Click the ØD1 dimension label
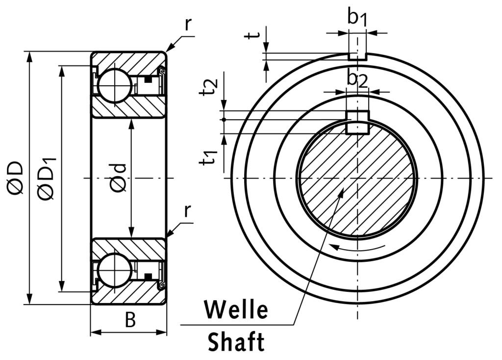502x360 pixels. (x=48, y=178)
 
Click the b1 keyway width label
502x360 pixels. (x=357, y=18)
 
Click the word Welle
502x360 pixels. (x=236, y=310)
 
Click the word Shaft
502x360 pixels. (x=236, y=342)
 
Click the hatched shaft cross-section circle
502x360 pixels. (x=357, y=178)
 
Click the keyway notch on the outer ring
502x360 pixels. (x=357, y=56)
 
